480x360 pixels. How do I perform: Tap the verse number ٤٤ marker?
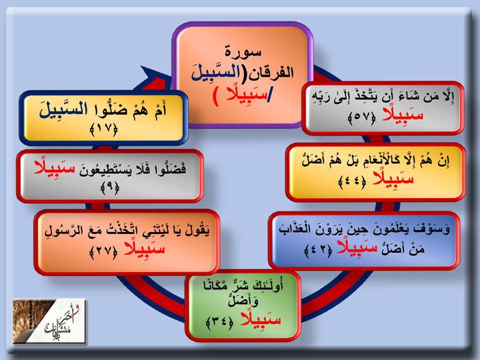click(352, 183)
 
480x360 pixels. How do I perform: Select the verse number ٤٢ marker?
click(318, 251)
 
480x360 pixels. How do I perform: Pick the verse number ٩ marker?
click(110, 188)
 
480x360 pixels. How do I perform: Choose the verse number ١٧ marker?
click(104, 130)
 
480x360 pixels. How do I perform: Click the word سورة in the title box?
click(243, 51)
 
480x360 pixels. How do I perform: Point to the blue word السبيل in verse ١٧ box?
click(63, 110)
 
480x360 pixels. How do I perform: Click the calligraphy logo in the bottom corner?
click(49, 321)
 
